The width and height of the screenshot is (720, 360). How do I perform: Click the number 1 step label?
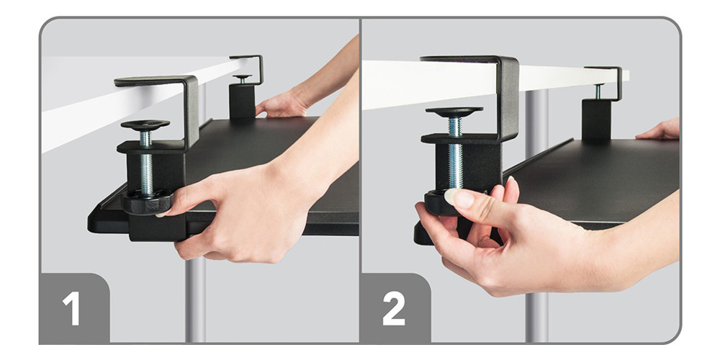(71, 308)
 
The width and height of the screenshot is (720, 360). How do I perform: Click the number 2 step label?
(394, 308)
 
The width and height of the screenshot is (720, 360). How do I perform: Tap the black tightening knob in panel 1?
(147, 202)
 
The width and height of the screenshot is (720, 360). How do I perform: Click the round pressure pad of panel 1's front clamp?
(145, 125)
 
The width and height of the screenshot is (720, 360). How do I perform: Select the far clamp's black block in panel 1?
(242, 101)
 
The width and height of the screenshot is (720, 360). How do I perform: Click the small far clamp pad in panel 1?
(242, 77)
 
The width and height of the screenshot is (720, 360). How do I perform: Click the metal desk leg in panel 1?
(195, 300)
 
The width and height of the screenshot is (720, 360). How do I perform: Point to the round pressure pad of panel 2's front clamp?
(454, 112)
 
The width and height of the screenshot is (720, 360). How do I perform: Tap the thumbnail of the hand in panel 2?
(459, 198)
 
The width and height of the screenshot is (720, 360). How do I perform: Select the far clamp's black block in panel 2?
(596, 119)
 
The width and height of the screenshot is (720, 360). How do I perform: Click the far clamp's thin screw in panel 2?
(598, 91)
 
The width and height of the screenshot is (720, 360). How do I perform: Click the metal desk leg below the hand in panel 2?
(537, 318)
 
